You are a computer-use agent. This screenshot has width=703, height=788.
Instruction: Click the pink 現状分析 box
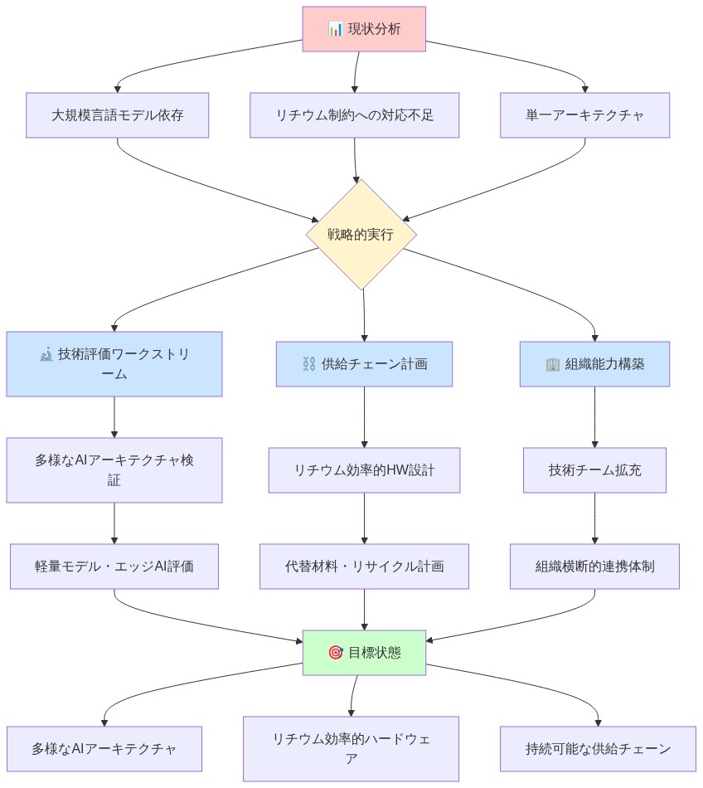(364, 29)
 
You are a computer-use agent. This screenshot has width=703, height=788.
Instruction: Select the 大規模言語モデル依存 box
(117, 115)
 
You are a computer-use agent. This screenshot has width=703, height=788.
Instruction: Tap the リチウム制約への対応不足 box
(354, 115)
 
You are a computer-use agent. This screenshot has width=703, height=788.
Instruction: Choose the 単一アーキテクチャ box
(584, 115)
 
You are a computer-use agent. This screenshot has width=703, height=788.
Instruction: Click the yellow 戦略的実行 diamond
(361, 235)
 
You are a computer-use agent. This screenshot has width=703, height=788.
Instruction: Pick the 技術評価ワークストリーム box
(114, 364)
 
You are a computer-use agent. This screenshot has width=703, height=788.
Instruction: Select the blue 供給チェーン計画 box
(364, 364)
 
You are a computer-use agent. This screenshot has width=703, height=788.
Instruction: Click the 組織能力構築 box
(594, 364)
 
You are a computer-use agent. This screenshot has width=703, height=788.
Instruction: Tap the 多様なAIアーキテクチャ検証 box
(114, 470)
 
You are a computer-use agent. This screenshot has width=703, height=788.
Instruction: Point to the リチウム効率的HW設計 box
(364, 470)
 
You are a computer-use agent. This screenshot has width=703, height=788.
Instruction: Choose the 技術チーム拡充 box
(594, 470)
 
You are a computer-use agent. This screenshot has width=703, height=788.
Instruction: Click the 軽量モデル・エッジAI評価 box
(114, 567)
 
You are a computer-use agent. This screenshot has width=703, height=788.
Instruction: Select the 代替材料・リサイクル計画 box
(364, 567)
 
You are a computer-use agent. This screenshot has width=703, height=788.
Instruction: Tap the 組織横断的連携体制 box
(594, 567)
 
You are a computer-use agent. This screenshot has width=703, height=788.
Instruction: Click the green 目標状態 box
(364, 653)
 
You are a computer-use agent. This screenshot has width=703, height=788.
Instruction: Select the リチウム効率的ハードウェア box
(351, 749)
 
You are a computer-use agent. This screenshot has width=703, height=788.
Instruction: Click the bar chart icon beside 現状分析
(335, 29)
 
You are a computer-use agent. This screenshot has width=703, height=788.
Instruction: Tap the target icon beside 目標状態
(335, 653)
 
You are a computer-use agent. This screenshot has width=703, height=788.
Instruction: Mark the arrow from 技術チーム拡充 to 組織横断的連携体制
(594, 518)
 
